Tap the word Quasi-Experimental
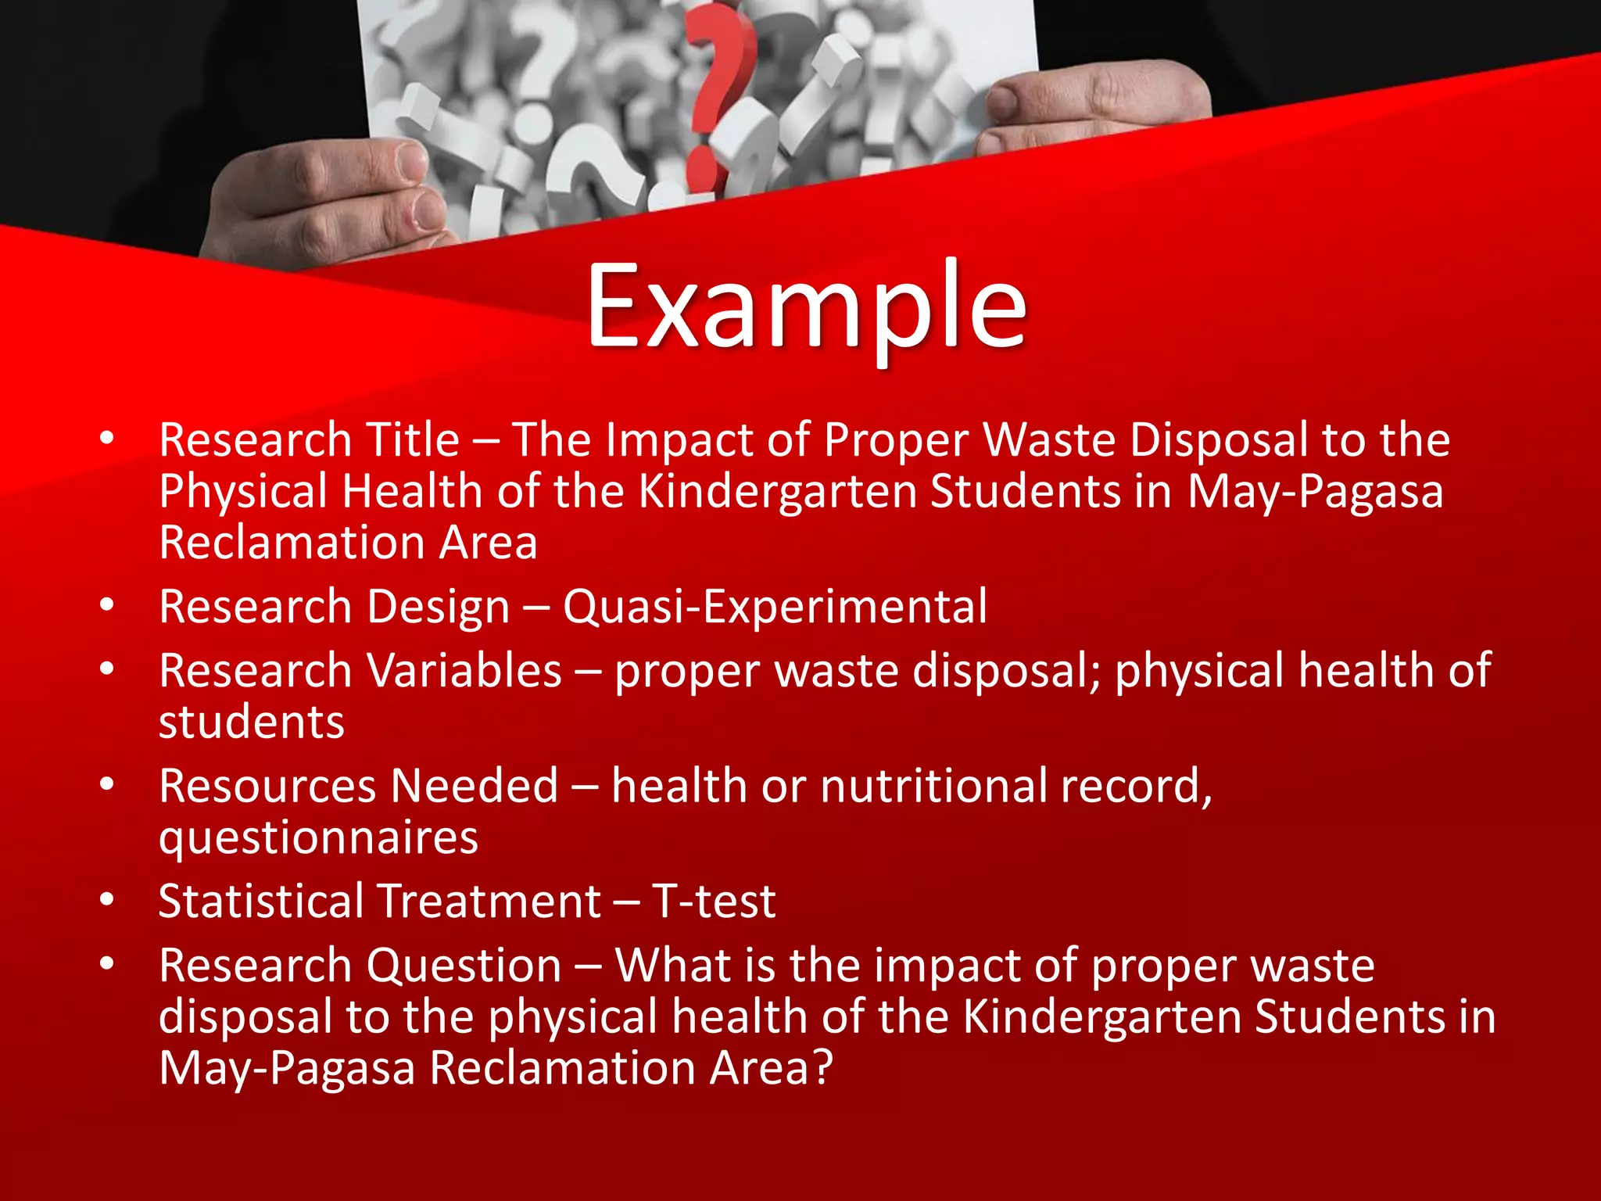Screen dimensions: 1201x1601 (775, 607)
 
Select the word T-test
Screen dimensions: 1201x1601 (714, 902)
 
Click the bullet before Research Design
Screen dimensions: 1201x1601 (107, 605)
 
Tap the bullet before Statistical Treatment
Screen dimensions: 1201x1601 (107, 900)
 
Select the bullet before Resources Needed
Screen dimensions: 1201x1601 (107, 784)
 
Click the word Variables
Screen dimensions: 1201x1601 (464, 671)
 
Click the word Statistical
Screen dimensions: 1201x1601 (261, 902)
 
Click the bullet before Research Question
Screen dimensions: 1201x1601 (107, 964)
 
